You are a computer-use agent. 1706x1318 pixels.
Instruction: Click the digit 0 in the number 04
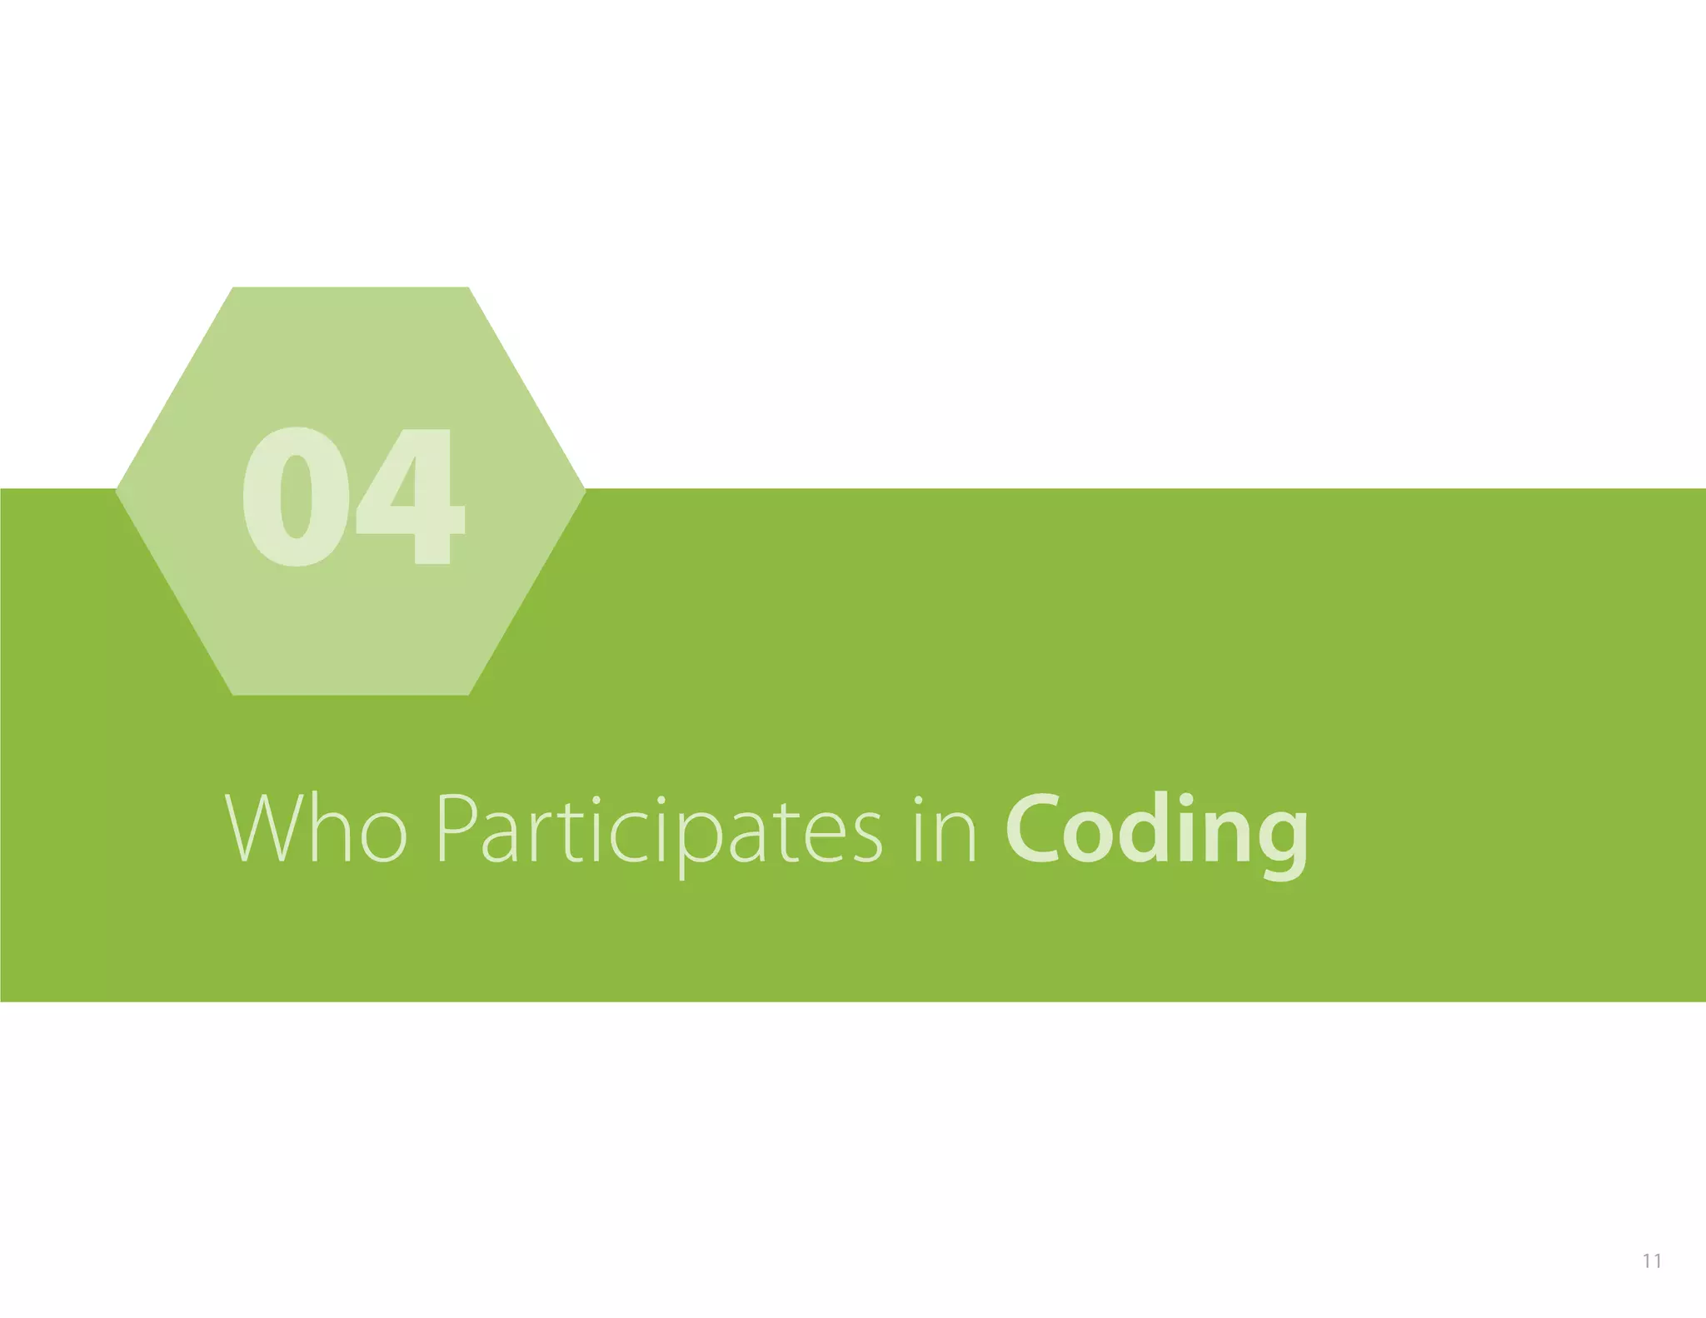click(296, 497)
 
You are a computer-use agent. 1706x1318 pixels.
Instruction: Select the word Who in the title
click(316, 829)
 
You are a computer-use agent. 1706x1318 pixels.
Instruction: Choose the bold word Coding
click(1156, 832)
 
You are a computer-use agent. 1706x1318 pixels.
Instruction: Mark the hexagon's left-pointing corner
click(117, 491)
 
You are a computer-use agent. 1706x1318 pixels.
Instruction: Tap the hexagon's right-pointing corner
click(585, 491)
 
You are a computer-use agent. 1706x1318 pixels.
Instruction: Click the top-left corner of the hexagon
click(233, 288)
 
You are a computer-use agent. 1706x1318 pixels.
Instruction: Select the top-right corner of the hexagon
click(468, 288)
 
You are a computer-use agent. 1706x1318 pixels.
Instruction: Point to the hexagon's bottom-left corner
click(233, 694)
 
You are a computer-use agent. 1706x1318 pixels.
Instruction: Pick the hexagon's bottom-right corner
click(468, 694)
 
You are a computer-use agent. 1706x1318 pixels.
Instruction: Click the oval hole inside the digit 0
click(297, 497)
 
